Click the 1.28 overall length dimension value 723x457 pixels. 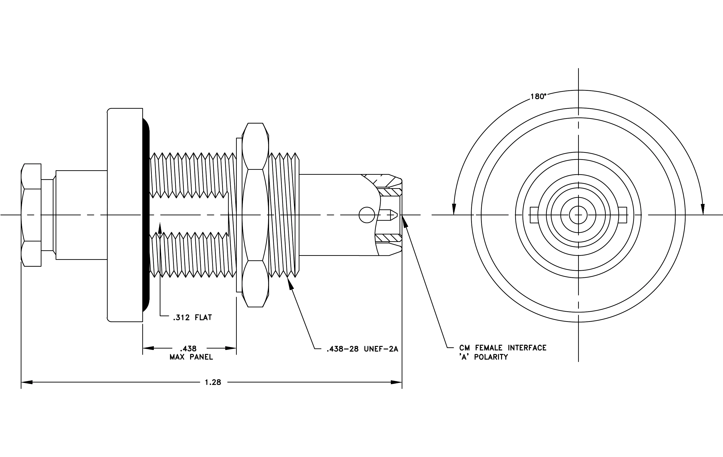[x=213, y=382]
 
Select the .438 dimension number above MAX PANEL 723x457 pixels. [x=188, y=349]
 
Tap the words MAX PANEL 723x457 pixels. [x=191, y=357]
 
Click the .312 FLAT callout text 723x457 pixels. [x=192, y=318]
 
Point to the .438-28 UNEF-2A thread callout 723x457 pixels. [x=362, y=349]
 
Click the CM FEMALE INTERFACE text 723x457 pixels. [x=503, y=348]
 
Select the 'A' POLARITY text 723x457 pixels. [x=484, y=357]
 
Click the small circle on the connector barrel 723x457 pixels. [x=367, y=215]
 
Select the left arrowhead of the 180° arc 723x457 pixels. [x=454, y=209]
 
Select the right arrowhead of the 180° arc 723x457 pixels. [x=703, y=209]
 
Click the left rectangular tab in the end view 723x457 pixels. [x=534, y=215]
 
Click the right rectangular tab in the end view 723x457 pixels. [x=622, y=215]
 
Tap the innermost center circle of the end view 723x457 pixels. [x=578, y=215]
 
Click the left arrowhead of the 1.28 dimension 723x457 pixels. [x=26, y=382]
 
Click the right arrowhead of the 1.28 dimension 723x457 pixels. [x=396, y=382]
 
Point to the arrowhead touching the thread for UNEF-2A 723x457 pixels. [x=290, y=283]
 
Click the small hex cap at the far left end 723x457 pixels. [x=31, y=215]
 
